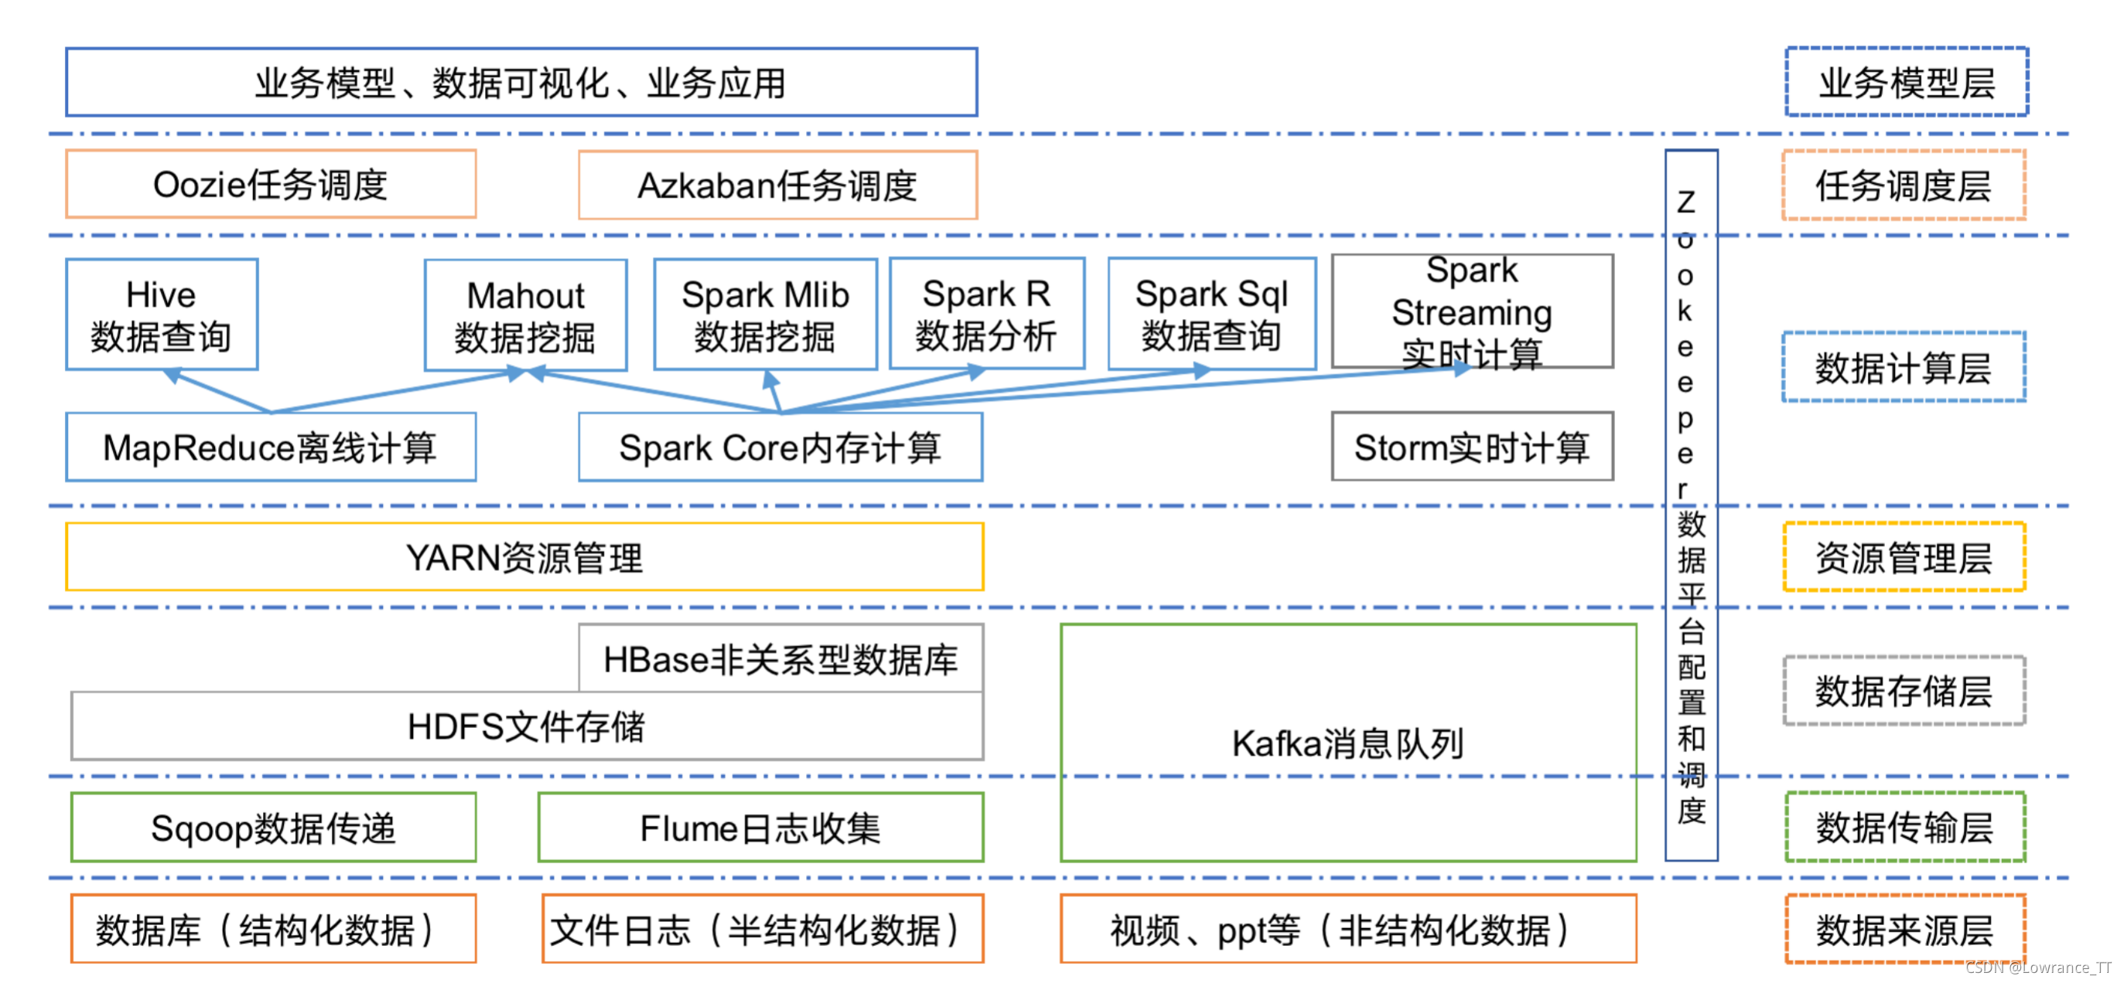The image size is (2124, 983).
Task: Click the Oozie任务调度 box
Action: pos(271,184)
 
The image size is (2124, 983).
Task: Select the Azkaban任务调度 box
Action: pos(777,185)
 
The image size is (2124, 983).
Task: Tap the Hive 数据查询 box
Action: pos(162,315)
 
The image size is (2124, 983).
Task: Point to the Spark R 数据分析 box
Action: pos(986,314)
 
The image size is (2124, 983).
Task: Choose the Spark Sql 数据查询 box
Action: pos(1211,314)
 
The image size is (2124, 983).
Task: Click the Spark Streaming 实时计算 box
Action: pos(1471,311)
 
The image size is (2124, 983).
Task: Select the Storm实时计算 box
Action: pos(1471,447)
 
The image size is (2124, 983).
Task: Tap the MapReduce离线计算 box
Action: pos(271,447)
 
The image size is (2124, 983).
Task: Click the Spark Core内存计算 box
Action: pos(779,447)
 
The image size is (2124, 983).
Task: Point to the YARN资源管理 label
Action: pos(524,558)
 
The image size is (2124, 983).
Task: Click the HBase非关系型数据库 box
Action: pos(779,659)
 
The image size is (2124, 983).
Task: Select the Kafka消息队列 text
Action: pos(1347,743)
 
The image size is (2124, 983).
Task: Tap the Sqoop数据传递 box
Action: pos(273,828)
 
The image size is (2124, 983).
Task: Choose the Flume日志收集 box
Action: pos(760,828)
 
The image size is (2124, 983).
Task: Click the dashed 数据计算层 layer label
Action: pos(1903,368)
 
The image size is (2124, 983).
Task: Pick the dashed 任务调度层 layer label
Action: pos(1903,185)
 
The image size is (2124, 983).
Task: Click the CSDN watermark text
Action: pos(2037,968)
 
